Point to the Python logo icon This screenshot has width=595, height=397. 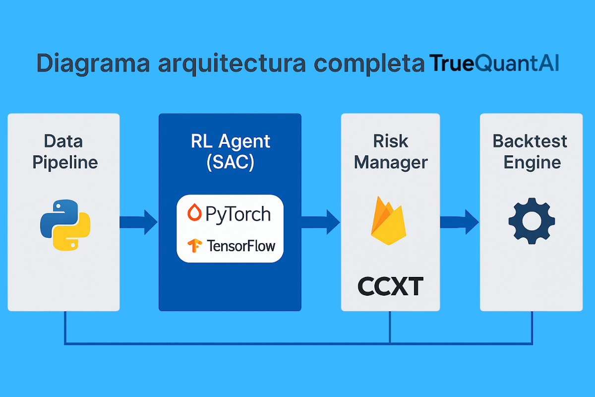click(x=64, y=224)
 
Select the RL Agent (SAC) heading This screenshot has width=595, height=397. click(x=230, y=152)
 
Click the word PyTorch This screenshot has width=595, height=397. click(x=238, y=214)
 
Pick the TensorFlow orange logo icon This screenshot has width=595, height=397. click(x=194, y=245)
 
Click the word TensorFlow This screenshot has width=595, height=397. click(x=240, y=246)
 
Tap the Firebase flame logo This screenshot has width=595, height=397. click(x=388, y=221)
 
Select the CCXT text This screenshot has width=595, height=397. click(x=390, y=287)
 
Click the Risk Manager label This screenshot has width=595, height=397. click(x=391, y=152)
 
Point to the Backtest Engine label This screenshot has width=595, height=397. click(x=531, y=152)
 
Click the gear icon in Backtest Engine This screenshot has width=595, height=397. click(x=531, y=221)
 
